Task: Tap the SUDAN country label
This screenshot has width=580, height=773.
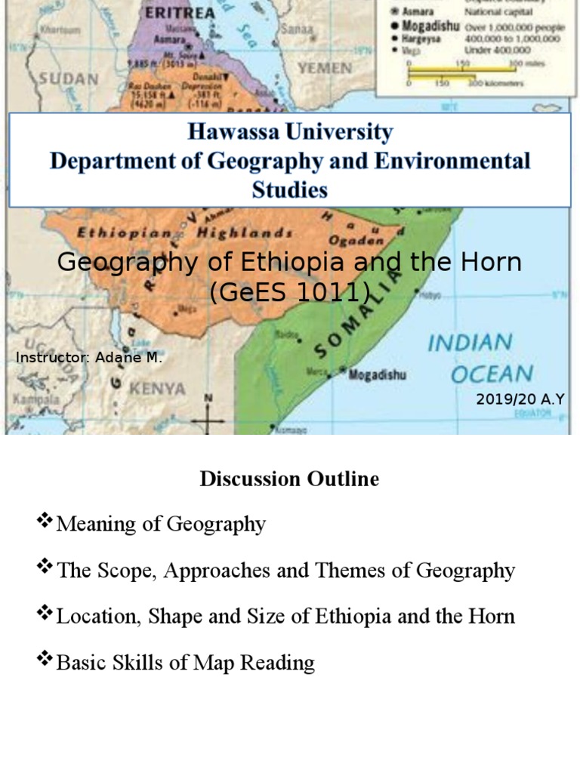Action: click(69, 78)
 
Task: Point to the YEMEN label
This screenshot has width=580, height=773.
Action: click(325, 68)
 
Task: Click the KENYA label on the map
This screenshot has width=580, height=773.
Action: click(157, 389)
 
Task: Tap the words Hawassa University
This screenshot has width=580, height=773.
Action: click(290, 133)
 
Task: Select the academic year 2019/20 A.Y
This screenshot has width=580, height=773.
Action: click(520, 399)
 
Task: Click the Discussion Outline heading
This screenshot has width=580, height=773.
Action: click(289, 479)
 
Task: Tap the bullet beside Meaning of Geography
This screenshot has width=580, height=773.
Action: click(45, 521)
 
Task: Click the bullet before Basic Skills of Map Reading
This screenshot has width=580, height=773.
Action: click(45, 660)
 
